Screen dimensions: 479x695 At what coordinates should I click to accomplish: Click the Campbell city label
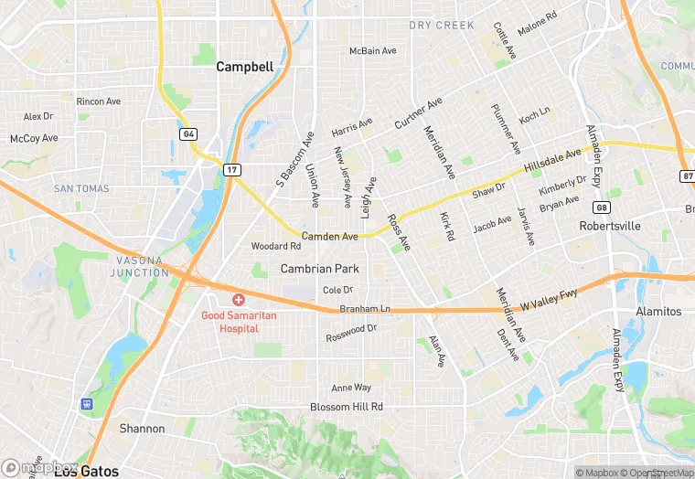click(x=244, y=67)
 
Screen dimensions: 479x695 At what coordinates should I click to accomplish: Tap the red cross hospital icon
click(x=239, y=299)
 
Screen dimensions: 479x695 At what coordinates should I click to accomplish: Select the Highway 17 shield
click(x=233, y=169)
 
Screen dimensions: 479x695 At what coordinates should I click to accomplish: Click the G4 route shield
click(x=188, y=134)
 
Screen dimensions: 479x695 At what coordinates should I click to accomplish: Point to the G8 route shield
click(x=602, y=207)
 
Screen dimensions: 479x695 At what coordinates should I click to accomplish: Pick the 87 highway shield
click(x=687, y=175)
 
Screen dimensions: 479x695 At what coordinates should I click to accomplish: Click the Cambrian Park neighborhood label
click(x=319, y=269)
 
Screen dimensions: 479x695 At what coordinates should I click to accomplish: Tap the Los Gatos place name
click(x=86, y=471)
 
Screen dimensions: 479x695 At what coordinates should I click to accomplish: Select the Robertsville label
click(x=610, y=225)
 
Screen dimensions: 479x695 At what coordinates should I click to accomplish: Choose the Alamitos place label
click(x=658, y=311)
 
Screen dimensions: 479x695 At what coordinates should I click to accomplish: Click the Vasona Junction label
click(x=140, y=266)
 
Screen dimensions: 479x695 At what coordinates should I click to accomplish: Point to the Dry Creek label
click(x=442, y=26)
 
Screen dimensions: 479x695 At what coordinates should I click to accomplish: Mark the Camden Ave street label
click(x=329, y=236)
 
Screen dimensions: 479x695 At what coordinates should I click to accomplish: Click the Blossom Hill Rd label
click(x=346, y=406)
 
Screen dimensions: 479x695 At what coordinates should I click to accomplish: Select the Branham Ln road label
click(x=365, y=309)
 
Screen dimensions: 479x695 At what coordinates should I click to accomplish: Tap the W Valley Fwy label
click(x=550, y=296)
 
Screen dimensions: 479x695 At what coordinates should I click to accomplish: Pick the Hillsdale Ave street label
click(x=553, y=160)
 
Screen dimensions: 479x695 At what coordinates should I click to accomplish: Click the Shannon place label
click(x=142, y=428)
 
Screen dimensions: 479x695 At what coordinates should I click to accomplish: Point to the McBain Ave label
click(x=373, y=51)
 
